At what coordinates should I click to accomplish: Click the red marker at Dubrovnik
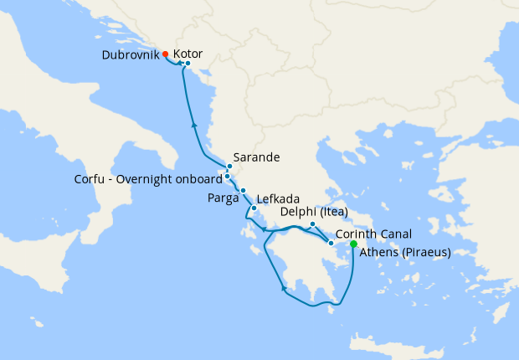166,54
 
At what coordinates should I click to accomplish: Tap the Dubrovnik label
129,55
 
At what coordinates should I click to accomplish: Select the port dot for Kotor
188,64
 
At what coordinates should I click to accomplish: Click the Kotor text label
188,54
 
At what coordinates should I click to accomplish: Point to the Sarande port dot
229,167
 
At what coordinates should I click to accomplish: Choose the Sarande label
256,157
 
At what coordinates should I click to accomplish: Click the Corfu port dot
227,177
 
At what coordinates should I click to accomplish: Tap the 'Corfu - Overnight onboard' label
148,177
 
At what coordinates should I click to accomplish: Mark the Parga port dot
243,191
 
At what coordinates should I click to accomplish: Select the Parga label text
223,198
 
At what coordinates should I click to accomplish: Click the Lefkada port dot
254,208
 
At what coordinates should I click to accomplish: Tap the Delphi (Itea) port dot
312,224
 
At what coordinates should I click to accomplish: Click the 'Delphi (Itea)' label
314,213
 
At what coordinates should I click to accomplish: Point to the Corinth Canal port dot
331,243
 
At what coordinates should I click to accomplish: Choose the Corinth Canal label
372,234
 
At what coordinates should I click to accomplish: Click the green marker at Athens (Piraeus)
353,244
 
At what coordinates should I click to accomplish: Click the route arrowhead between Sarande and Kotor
194,125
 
